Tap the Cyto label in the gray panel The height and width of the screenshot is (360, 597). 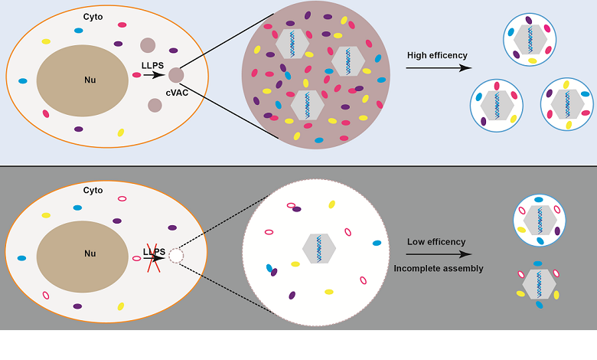pos(93,190)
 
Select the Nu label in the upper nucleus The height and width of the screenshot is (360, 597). pos(90,79)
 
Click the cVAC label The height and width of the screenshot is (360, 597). pos(178,93)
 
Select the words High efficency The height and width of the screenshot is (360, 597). pos(437,55)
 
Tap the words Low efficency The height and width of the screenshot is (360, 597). pos(436,241)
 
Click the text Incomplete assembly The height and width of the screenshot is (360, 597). pos(439,268)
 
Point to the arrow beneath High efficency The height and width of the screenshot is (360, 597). pos(438,68)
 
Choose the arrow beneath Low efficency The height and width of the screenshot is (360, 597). pos(438,254)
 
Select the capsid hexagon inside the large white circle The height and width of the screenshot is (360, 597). pos(319,248)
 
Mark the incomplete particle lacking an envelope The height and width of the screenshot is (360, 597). pos(539,283)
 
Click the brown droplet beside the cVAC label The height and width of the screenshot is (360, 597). pos(176,74)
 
